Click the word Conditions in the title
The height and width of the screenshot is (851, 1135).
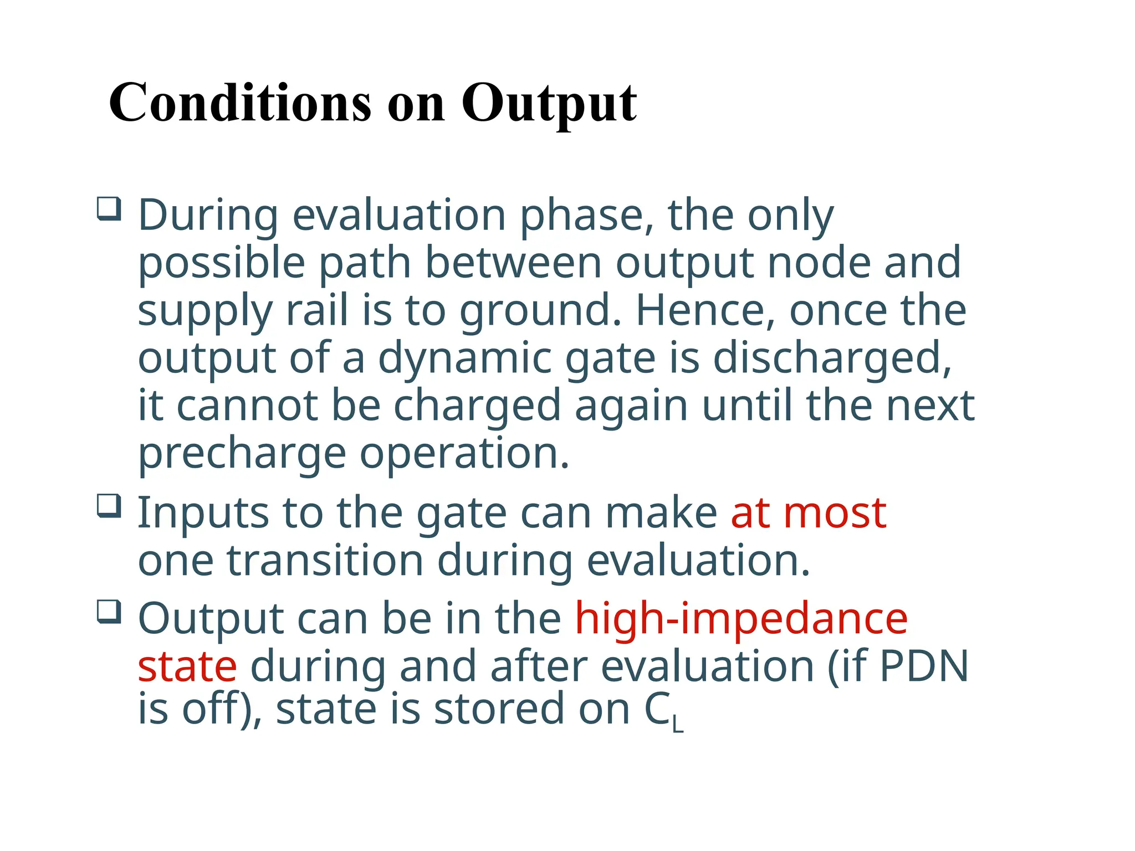239,103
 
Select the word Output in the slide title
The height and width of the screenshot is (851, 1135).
549,104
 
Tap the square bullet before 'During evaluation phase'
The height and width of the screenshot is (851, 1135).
109,209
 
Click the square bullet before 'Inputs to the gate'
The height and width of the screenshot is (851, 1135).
109,506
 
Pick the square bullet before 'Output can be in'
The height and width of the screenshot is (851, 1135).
109,612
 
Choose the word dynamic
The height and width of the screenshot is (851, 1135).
465,359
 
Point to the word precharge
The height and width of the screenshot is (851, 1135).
242,454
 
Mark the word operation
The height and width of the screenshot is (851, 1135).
464,454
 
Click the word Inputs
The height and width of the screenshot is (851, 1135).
203,514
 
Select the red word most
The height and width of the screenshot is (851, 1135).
835,514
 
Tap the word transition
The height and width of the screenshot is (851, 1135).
325,561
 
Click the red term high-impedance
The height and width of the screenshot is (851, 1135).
741,619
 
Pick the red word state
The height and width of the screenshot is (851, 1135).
187,667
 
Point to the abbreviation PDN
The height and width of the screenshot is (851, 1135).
924,667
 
